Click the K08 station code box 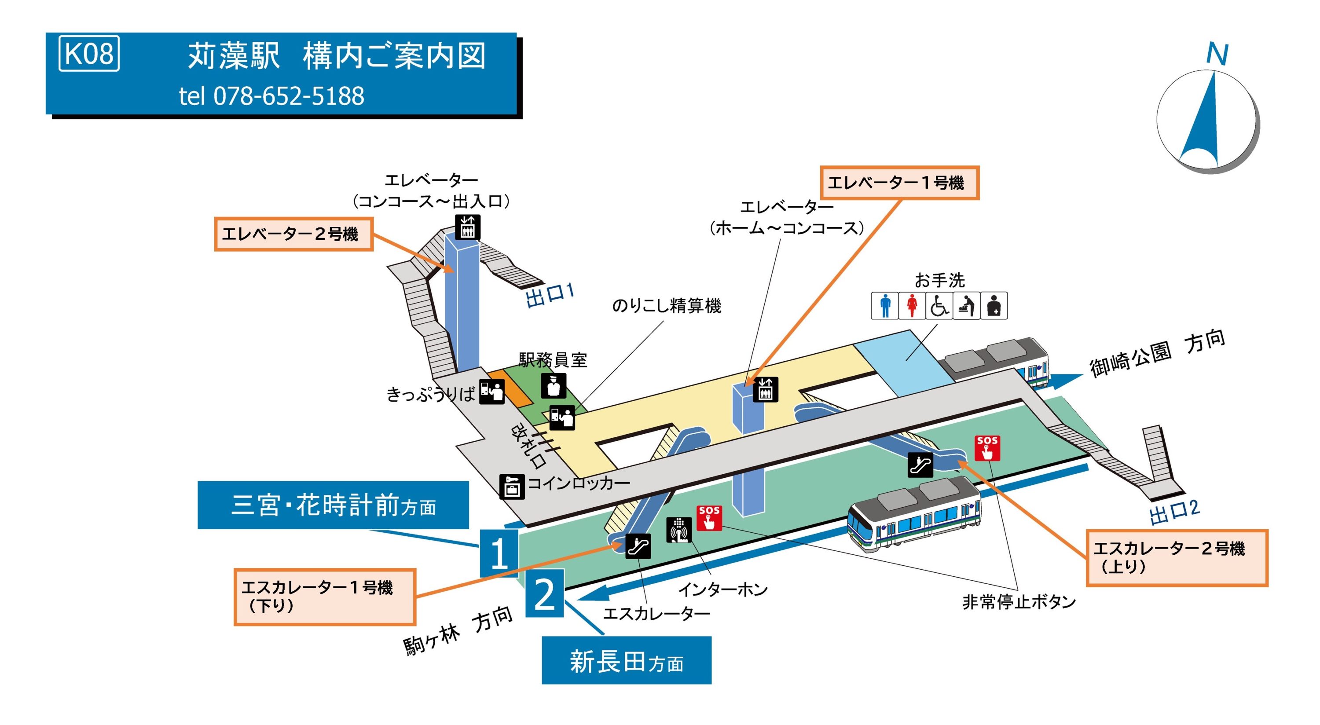click(89, 53)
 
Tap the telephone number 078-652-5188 click(289, 96)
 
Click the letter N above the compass click(1217, 53)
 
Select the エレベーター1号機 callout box click(899, 183)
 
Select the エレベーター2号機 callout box click(293, 234)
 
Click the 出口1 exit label click(549, 295)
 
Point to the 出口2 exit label click(1174, 512)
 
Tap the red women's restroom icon click(912, 305)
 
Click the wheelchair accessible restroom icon click(939, 305)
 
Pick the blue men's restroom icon click(885, 305)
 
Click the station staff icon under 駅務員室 click(554, 385)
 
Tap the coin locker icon click(511, 486)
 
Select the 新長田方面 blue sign click(626, 661)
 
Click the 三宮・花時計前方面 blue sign click(333, 505)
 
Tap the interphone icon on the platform click(679, 530)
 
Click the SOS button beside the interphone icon click(709, 518)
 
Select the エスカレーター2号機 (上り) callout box click(1177, 558)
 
